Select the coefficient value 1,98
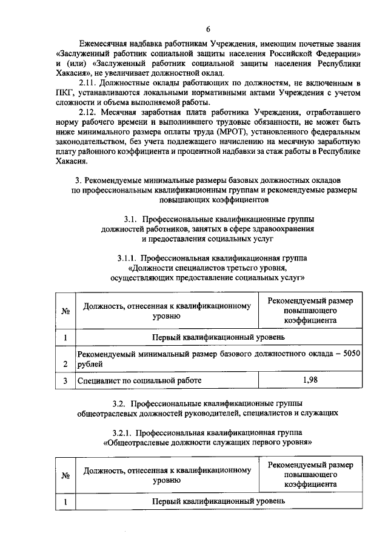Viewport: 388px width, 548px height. (x=310, y=380)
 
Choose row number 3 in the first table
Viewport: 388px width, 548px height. (x=65, y=381)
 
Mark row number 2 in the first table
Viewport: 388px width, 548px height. (x=65, y=363)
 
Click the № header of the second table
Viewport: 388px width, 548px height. (x=65, y=475)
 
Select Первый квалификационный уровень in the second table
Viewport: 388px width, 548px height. (x=218, y=502)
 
